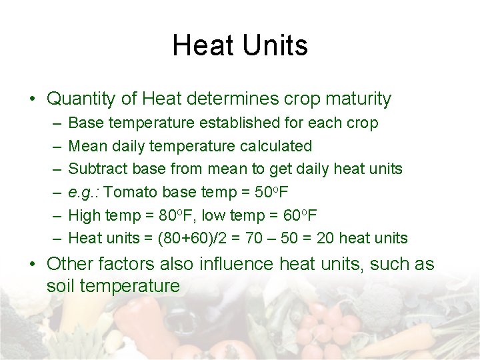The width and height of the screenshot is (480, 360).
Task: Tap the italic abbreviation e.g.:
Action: tap(84, 192)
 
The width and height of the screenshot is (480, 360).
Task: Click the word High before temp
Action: tap(84, 215)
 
